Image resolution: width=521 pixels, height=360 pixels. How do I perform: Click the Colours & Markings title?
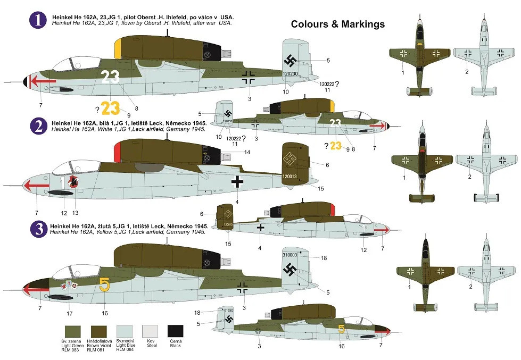(337, 24)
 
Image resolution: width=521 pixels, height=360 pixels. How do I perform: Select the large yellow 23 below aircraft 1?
(111, 108)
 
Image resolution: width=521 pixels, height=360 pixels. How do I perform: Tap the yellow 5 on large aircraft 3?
(104, 286)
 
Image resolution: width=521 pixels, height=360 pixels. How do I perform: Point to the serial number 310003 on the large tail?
(290, 255)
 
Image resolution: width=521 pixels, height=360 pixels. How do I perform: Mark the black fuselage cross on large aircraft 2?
(238, 182)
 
